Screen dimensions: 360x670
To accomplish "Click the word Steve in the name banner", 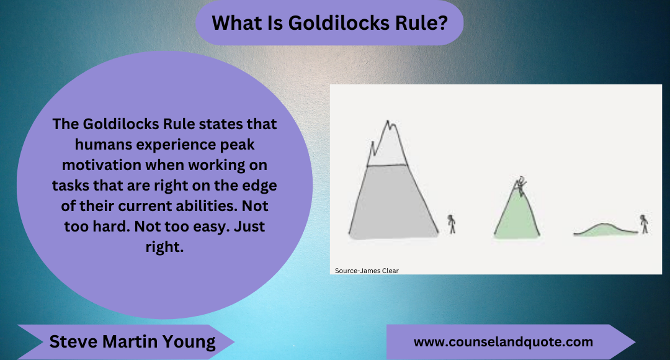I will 69,341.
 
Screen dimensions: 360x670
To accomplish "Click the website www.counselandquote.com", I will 503,342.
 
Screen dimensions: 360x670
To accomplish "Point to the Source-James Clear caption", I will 367,270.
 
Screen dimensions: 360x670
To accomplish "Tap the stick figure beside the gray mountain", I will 452,223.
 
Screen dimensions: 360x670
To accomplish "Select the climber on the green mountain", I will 521,185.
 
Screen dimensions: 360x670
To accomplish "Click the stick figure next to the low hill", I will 645,223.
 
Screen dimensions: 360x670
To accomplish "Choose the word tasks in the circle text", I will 73,185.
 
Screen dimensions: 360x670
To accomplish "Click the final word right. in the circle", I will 165,246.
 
